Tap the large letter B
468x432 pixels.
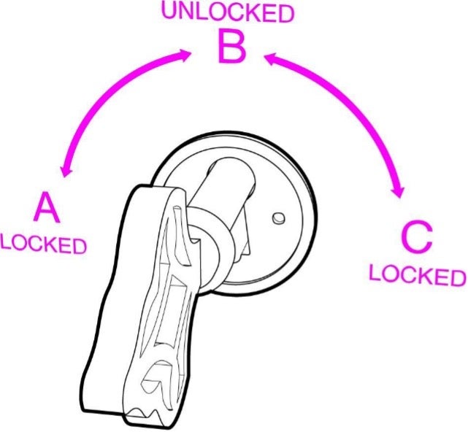coord(232,46)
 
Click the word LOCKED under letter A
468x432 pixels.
coord(44,245)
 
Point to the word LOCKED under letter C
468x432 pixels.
coord(418,276)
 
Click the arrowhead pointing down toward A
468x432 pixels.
coord(66,171)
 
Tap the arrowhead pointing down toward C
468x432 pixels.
coord(399,191)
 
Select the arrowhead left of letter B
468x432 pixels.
coord(184,55)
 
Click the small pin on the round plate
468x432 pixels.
coord(278,218)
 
